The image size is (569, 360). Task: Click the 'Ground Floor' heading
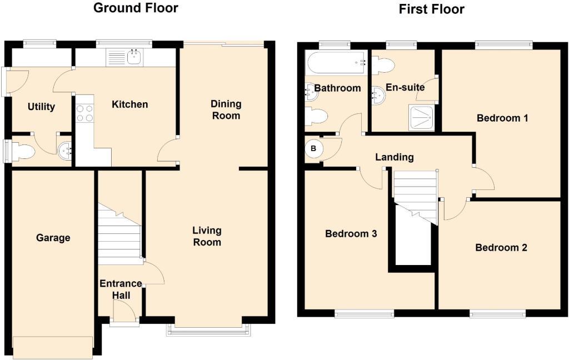point(136,8)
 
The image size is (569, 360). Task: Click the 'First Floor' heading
point(431,9)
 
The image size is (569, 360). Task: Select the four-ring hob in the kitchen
point(84,113)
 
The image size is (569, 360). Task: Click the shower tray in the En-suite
point(422,118)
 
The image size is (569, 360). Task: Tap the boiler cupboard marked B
point(313,148)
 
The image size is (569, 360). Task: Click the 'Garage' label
point(53,238)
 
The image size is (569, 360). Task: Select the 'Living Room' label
point(207,236)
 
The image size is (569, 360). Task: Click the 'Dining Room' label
point(226,109)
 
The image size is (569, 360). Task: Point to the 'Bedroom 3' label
point(351,234)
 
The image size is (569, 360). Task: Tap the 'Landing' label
point(394,157)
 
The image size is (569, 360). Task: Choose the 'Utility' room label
point(41,107)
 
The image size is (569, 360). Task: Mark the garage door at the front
point(53,347)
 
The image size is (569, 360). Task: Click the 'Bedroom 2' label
point(501,248)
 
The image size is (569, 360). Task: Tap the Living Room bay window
point(209,329)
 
